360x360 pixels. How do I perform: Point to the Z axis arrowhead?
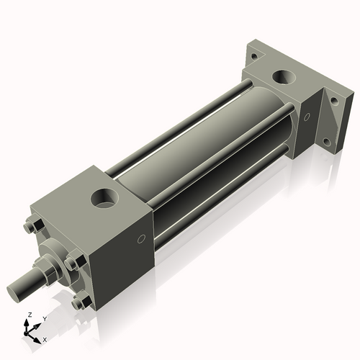[x=27, y=323]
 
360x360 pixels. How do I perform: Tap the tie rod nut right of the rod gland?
[x=72, y=264]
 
